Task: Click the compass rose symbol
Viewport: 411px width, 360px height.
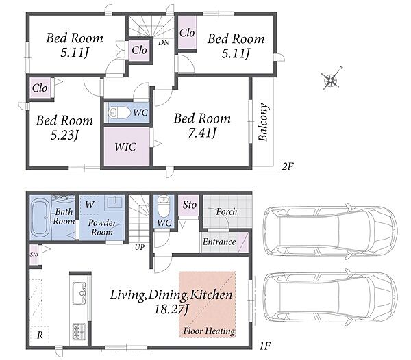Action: pos(331,79)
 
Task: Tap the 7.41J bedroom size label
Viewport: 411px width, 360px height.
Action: pos(202,133)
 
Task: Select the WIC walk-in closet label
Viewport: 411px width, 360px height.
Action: pos(125,147)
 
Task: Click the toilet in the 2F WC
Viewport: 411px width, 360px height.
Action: pos(119,113)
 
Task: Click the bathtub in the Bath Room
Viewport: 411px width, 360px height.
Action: pos(41,217)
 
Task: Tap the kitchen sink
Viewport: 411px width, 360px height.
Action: pos(79,293)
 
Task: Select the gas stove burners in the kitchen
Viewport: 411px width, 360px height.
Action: pos(79,331)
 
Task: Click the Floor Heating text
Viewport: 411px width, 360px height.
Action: pos(209,331)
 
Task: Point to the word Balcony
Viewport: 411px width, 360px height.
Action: pos(263,123)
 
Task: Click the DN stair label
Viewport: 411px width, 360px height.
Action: pos(164,42)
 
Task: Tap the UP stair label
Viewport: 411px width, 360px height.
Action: pos(140,247)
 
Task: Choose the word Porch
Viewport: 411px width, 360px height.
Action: pos(227,211)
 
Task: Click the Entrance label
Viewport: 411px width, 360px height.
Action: pos(219,242)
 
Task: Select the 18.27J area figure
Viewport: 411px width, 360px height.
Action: pos(171,310)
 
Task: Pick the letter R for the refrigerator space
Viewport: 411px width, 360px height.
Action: pos(40,335)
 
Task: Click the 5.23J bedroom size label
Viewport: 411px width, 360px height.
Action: pos(64,136)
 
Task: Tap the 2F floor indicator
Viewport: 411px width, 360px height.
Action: pos(288,166)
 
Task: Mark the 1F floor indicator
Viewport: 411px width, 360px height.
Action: pos(264,346)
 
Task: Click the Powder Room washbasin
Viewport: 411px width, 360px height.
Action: pos(114,203)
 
